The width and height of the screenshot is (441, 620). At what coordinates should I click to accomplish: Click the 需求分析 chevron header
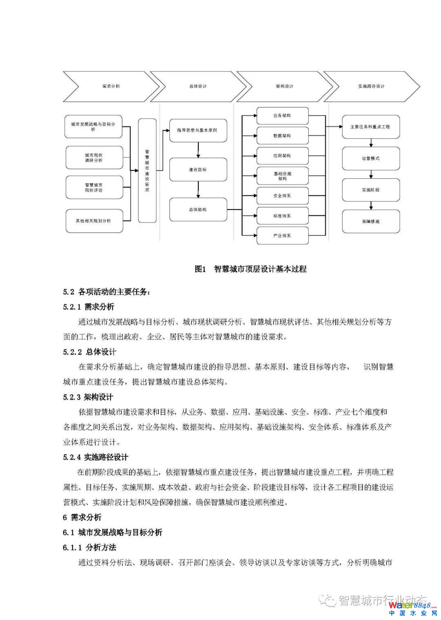point(111,87)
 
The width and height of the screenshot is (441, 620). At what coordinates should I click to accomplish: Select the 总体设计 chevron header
point(198,87)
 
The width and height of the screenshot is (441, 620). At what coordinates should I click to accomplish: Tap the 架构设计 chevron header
point(285,87)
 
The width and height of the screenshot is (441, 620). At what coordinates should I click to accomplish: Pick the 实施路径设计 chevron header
point(371,87)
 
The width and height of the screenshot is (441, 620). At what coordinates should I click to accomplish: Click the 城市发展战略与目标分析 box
point(94,127)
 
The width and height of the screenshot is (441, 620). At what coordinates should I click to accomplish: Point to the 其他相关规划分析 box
point(94,221)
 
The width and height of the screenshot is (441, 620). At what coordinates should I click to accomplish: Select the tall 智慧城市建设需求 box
point(147,171)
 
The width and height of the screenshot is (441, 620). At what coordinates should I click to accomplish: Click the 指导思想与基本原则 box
point(198,131)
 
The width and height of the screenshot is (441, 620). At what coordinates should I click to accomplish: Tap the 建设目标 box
point(198,170)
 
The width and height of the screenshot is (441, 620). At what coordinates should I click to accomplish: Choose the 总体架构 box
point(198,209)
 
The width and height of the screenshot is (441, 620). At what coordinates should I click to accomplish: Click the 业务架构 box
point(282,116)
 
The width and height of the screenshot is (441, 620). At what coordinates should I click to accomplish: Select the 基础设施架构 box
point(282,176)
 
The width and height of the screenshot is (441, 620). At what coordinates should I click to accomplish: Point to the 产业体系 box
point(282,236)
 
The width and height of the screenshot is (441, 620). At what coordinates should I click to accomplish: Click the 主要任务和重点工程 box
point(370,127)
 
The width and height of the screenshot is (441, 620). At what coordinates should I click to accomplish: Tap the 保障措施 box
point(370,221)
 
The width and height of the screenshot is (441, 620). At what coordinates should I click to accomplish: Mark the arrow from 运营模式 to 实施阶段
point(371,174)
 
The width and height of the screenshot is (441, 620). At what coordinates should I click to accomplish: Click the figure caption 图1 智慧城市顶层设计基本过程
point(251,269)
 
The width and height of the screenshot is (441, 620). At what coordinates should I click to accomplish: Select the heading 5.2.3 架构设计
point(88,397)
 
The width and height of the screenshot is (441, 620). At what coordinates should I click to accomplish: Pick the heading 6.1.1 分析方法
point(89,547)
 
